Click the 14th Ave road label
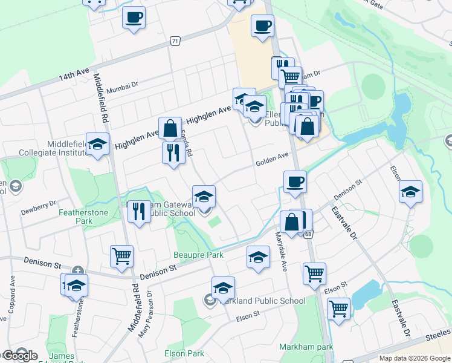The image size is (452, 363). coord(73,76)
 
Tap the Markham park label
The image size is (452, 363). coord(298,347)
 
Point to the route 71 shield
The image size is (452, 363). coord(175,41)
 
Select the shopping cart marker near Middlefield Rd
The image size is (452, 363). coord(121,257)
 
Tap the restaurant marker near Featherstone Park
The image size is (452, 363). coord(140,212)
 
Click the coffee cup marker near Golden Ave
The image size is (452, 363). coord(294,181)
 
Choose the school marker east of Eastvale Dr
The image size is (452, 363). coord(410,192)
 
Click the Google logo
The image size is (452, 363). coord(19,355)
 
